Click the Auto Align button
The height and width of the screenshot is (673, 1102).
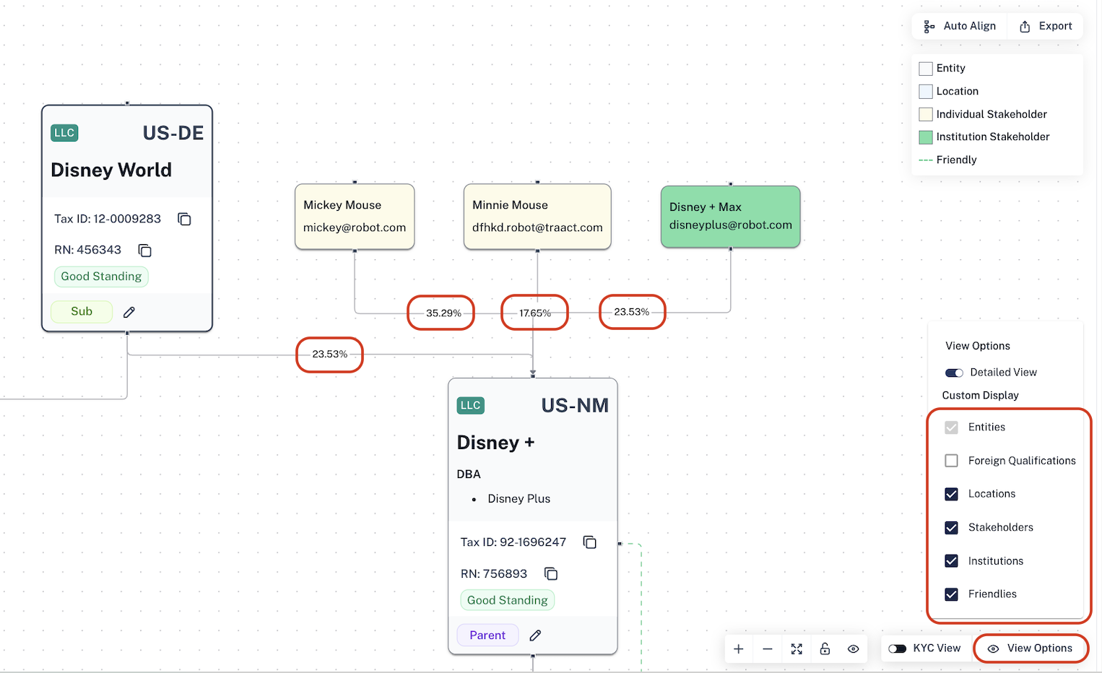click(x=959, y=26)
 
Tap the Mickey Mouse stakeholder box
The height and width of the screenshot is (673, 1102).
click(x=355, y=217)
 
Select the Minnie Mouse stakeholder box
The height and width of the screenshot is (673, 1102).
click(x=537, y=217)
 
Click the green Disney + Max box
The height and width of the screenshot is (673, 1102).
click(x=731, y=217)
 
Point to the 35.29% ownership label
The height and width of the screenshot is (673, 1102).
click(x=443, y=313)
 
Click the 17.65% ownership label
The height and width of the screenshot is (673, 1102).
click(x=535, y=313)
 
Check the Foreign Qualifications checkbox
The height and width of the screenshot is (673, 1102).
click(x=952, y=461)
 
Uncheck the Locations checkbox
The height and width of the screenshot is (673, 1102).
click(x=952, y=494)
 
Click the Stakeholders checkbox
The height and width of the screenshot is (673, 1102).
click(x=952, y=527)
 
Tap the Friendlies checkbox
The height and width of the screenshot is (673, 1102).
click(x=952, y=594)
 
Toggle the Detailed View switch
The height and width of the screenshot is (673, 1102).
click(x=954, y=373)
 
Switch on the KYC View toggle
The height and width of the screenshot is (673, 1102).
click(x=898, y=648)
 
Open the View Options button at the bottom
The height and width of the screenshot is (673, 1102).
click(x=1031, y=648)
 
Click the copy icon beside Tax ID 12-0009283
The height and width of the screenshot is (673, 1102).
click(x=184, y=219)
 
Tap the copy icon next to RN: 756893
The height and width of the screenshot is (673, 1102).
click(x=551, y=573)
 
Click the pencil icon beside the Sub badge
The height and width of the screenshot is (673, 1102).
click(x=129, y=312)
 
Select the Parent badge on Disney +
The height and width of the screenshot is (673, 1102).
click(x=487, y=635)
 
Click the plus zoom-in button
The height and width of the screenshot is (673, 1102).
click(x=739, y=649)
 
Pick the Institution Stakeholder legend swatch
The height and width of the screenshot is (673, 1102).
click(x=925, y=137)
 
